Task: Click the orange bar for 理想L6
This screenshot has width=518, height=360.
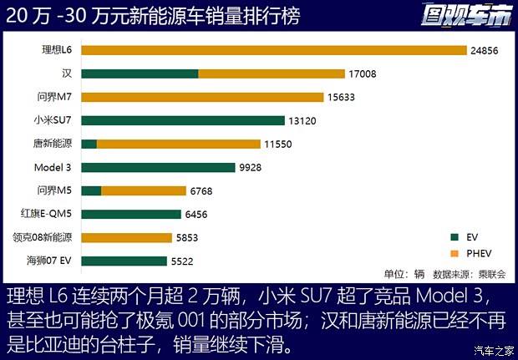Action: pyautogui.click(x=274, y=50)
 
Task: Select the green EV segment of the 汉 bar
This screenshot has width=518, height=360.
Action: pyautogui.click(x=140, y=74)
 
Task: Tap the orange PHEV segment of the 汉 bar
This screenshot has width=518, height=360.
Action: pyautogui.click(x=272, y=74)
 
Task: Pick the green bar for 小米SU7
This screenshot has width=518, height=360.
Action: pyautogui.click(x=183, y=120)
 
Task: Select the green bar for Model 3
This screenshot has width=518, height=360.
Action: pyautogui.click(x=159, y=167)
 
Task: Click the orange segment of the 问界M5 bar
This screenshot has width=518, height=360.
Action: pyautogui.click(x=144, y=190)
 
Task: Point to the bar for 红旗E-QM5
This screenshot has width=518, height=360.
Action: pyautogui.click(x=131, y=214)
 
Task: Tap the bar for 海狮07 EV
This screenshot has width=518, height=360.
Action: pyautogui.click(x=124, y=261)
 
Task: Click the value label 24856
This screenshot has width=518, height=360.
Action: pyautogui.click(x=486, y=50)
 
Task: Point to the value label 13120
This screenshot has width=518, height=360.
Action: pyautogui.click(x=304, y=120)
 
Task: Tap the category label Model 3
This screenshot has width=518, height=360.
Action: pyautogui.click(x=53, y=167)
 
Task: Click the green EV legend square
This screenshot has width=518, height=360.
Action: pyautogui.click(x=454, y=236)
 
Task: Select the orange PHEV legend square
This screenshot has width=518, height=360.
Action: pyautogui.click(x=454, y=252)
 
